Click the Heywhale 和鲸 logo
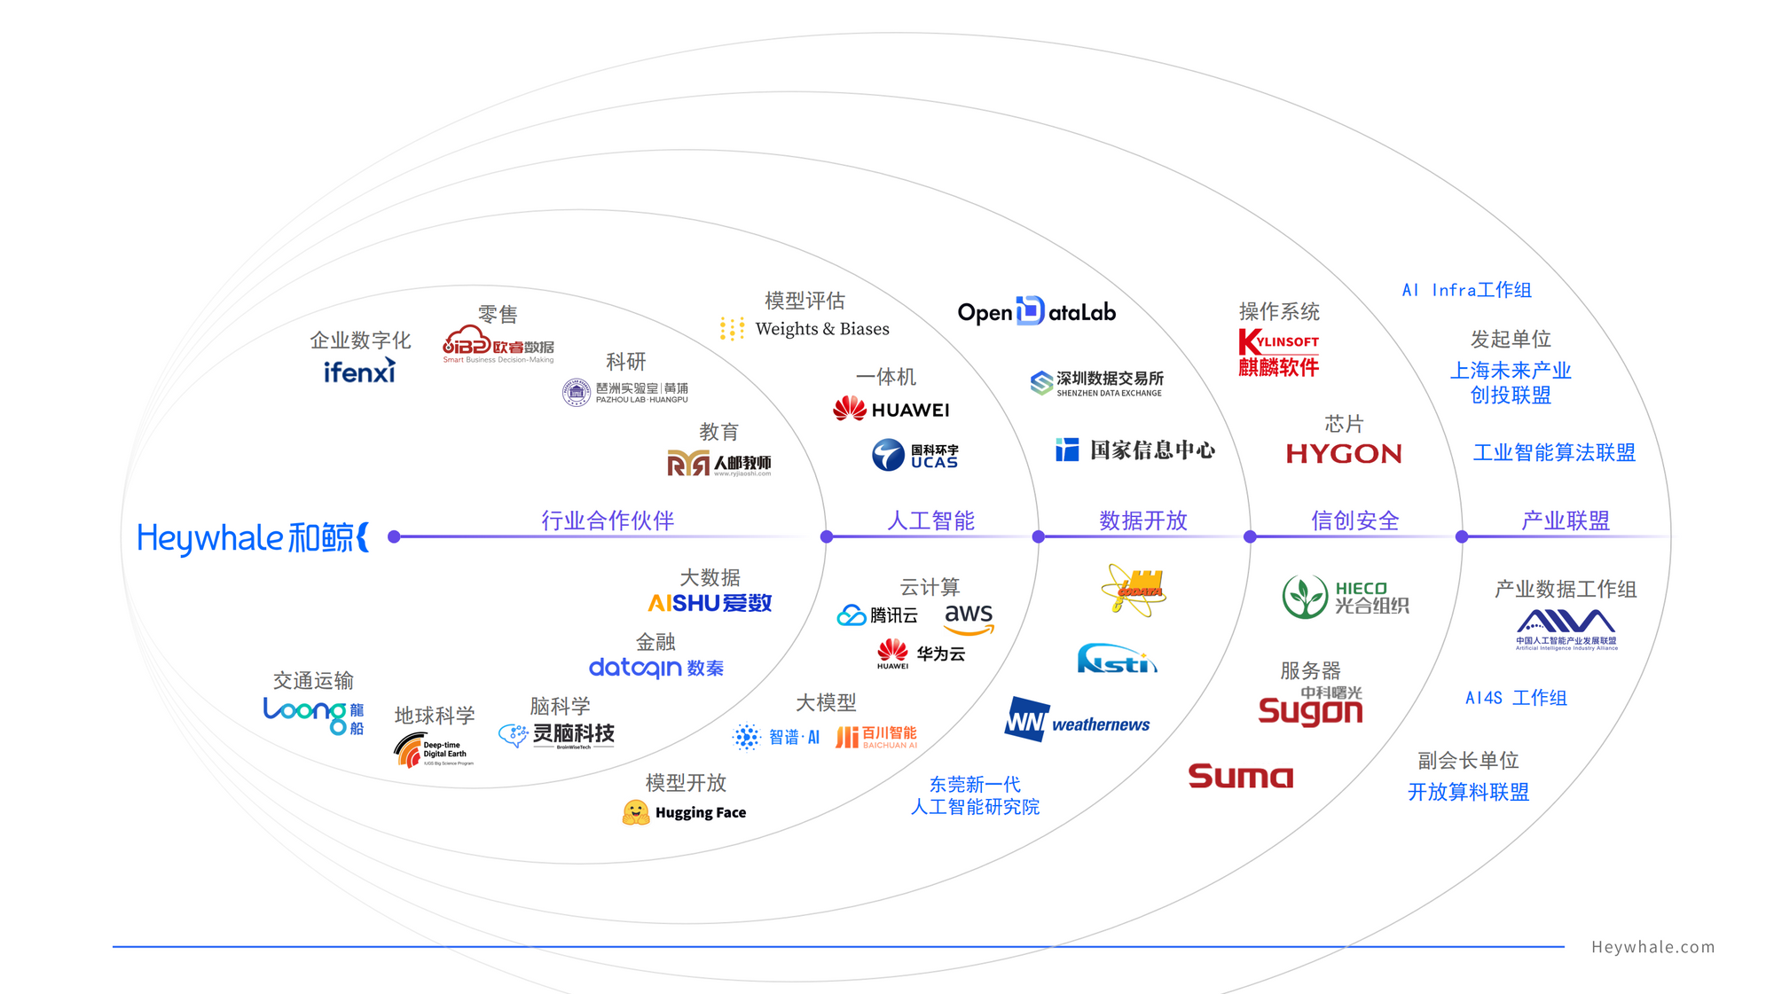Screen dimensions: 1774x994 click(x=253, y=537)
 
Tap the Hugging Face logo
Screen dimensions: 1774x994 click(x=685, y=812)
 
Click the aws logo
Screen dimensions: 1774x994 click(x=969, y=617)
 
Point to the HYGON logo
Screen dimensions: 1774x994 click(x=1344, y=454)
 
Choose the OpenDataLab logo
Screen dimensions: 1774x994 click(x=1036, y=312)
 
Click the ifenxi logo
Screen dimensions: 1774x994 click(x=359, y=372)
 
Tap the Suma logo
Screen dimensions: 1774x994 click(x=1240, y=777)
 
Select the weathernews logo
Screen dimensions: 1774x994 click(x=1077, y=722)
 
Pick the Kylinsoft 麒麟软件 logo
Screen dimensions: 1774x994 click(x=1278, y=353)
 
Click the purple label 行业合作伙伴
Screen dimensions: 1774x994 click(x=608, y=520)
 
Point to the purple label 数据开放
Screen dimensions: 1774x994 click(x=1142, y=520)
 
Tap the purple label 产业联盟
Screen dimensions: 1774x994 click(x=1566, y=520)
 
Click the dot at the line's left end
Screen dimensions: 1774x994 click(x=395, y=536)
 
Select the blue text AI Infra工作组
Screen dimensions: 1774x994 click(x=1466, y=290)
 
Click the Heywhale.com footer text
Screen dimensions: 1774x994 click(x=1652, y=947)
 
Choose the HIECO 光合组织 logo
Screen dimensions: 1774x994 click(x=1345, y=597)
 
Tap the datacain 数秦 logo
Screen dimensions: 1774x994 click(x=656, y=668)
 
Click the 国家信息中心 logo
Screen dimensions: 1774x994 click(x=1135, y=450)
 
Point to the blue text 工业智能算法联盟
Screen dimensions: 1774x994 click(x=1554, y=453)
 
